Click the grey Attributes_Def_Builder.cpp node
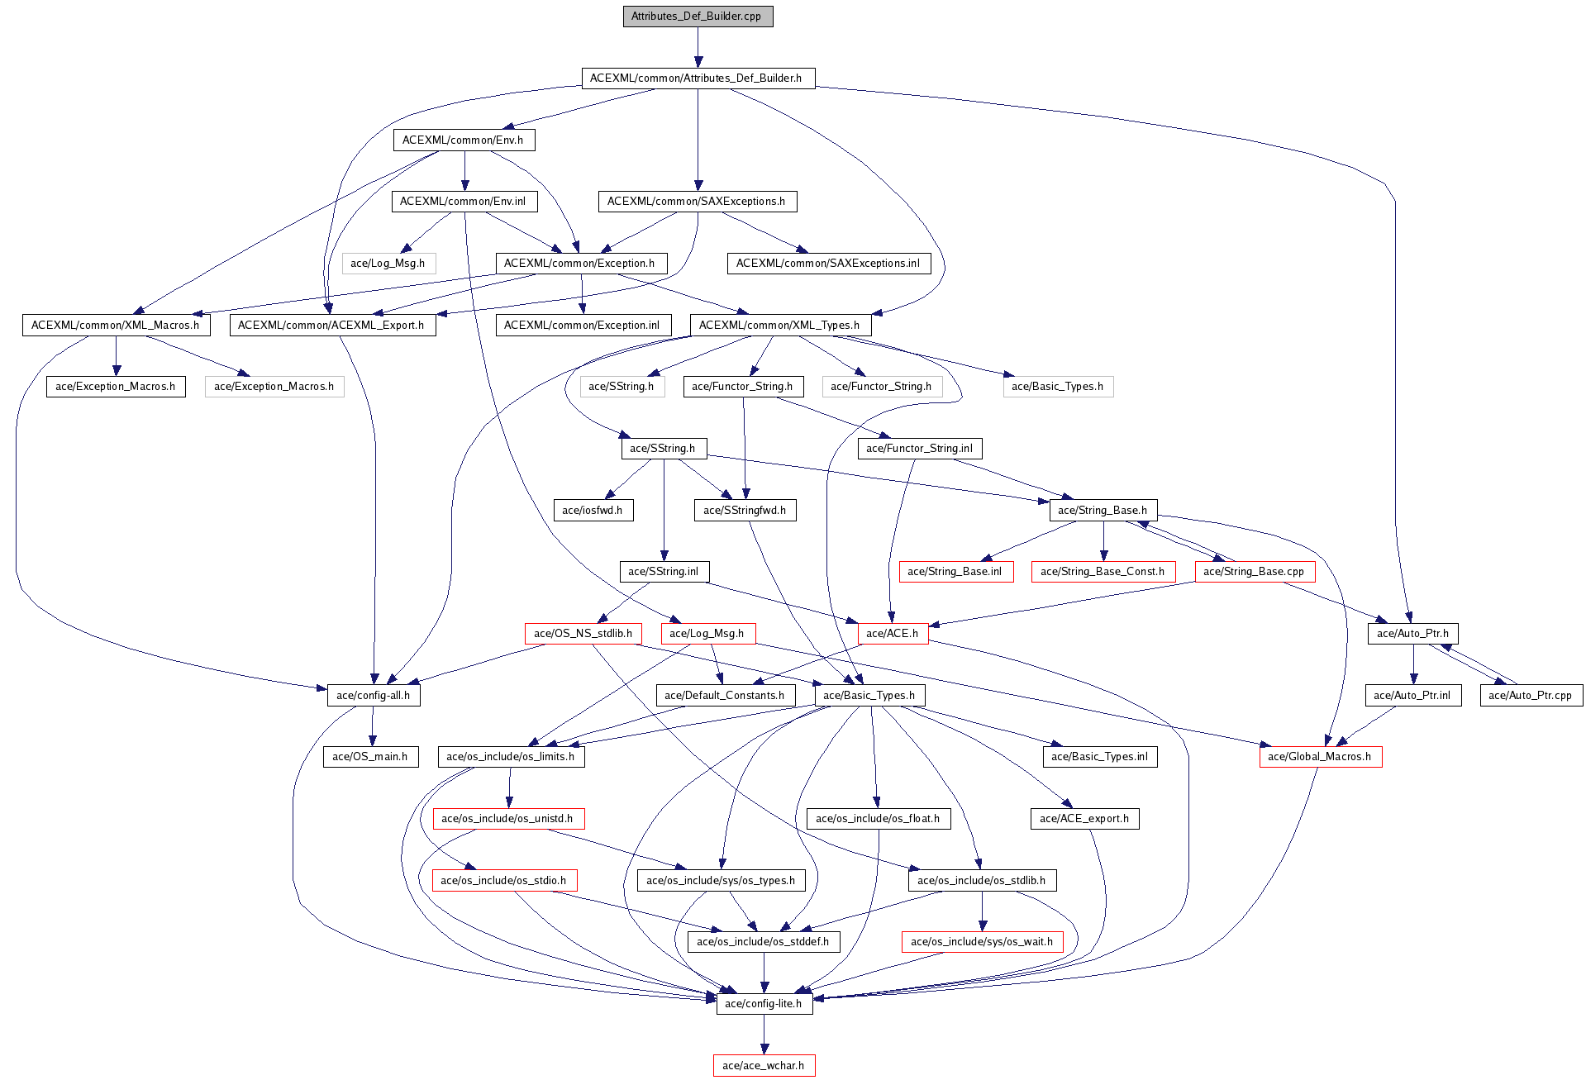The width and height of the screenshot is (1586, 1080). (698, 17)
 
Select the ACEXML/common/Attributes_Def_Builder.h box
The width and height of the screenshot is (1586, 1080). (698, 79)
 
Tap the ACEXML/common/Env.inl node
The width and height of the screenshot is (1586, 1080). (464, 202)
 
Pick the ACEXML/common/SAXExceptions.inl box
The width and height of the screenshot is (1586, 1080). (828, 264)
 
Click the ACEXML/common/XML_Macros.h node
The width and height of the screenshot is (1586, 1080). (116, 326)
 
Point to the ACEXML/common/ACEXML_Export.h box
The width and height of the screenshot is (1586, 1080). (332, 326)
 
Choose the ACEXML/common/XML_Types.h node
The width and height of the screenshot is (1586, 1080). (780, 326)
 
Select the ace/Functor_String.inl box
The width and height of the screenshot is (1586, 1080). (920, 449)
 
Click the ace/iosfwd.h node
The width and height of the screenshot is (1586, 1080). (593, 511)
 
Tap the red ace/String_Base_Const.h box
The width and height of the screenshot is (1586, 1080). (1103, 572)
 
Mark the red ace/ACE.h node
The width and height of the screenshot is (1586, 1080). (893, 634)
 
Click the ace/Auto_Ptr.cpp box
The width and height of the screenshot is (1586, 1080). (1531, 696)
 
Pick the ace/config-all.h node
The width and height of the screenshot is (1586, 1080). (374, 696)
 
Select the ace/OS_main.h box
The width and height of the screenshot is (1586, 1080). (370, 757)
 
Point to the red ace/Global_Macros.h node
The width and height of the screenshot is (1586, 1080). (1320, 757)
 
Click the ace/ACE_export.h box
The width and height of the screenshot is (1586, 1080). (1084, 819)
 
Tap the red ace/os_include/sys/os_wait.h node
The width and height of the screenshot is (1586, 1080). (982, 942)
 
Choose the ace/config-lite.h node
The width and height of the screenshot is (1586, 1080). (764, 1004)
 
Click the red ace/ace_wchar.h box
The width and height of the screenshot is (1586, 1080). (764, 1066)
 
